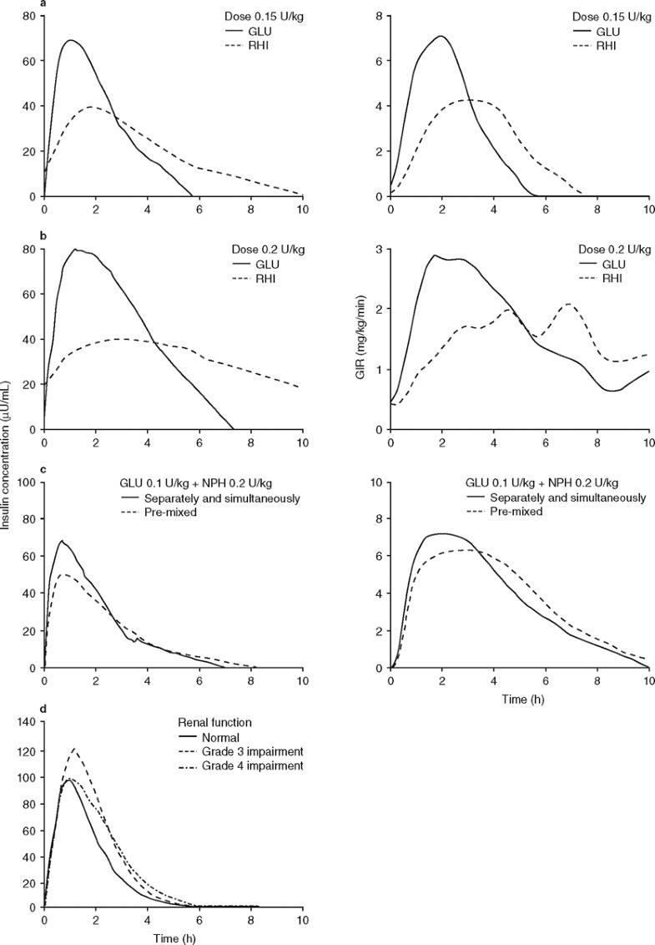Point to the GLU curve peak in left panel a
(x=72, y=40)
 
